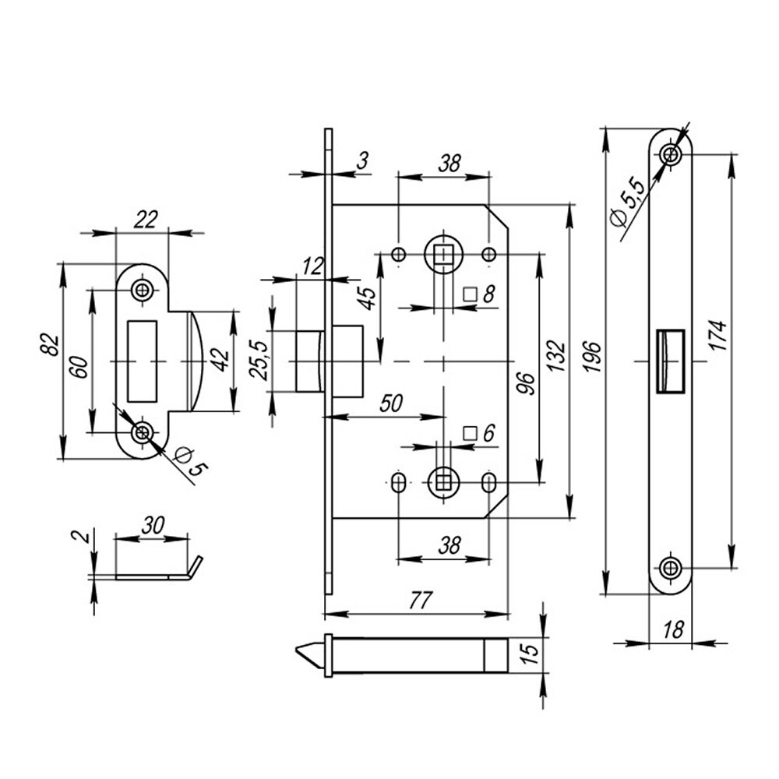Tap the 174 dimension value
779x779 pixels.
tap(719, 335)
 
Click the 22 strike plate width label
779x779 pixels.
tap(142, 220)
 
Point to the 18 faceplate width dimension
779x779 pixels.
tap(675, 630)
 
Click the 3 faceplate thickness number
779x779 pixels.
tap(361, 161)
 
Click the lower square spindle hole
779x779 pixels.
tap(442, 482)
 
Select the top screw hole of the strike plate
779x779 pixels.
tap(142, 291)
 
